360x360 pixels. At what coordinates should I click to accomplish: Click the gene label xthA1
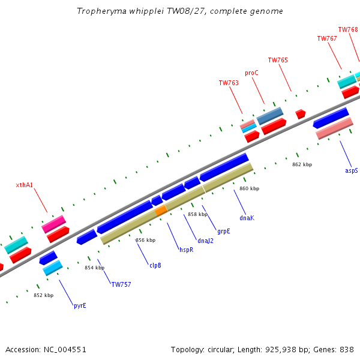pyautogui.click(x=25, y=185)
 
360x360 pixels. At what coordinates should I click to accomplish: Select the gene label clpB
pyautogui.click(x=155, y=265)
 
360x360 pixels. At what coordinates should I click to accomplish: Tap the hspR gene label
pyautogui.click(x=186, y=250)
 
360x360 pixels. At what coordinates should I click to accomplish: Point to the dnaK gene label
pyautogui.click(x=247, y=218)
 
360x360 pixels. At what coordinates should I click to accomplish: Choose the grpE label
pyautogui.click(x=223, y=231)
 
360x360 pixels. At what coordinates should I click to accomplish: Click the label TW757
pyautogui.click(x=121, y=284)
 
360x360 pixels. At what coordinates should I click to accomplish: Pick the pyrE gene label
pyautogui.click(x=80, y=306)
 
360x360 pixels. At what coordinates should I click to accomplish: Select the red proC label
pyautogui.click(x=251, y=73)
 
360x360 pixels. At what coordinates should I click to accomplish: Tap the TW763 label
pyautogui.click(x=229, y=83)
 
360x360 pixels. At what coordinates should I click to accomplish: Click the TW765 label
pyautogui.click(x=278, y=60)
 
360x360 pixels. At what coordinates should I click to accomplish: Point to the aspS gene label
pyautogui.click(x=351, y=170)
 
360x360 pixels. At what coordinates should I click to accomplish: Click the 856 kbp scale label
pyautogui.click(x=146, y=240)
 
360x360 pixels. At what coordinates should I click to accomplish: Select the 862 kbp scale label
pyautogui.click(x=302, y=164)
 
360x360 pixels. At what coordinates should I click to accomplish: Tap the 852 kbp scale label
pyautogui.click(x=44, y=295)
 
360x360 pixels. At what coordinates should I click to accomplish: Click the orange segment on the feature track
pyautogui.click(x=161, y=211)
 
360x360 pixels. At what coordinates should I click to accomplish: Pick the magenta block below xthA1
pyautogui.click(x=54, y=224)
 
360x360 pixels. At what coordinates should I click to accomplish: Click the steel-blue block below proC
pyautogui.click(x=270, y=116)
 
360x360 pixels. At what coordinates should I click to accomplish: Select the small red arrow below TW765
pyautogui.click(x=301, y=114)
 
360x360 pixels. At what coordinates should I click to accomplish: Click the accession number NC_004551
pyautogui.click(x=65, y=350)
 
